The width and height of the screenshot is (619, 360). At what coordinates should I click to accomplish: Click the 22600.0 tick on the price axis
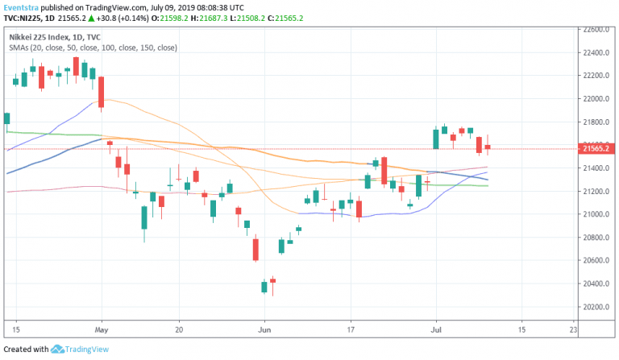596,30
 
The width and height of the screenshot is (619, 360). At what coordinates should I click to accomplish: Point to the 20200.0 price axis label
596,307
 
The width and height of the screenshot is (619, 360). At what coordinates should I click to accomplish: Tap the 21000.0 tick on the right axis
596,214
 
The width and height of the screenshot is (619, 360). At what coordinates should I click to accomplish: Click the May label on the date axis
101,329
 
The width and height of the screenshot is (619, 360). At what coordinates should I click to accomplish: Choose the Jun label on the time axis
265,329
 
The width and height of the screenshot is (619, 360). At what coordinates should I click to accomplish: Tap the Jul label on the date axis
436,329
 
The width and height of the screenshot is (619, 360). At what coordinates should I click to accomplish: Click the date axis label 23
573,329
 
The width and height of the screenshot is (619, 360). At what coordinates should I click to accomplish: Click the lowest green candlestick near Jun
264,286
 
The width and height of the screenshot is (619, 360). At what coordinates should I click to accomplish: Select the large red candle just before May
101,92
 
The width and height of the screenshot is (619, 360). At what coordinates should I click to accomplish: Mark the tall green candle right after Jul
436,139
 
